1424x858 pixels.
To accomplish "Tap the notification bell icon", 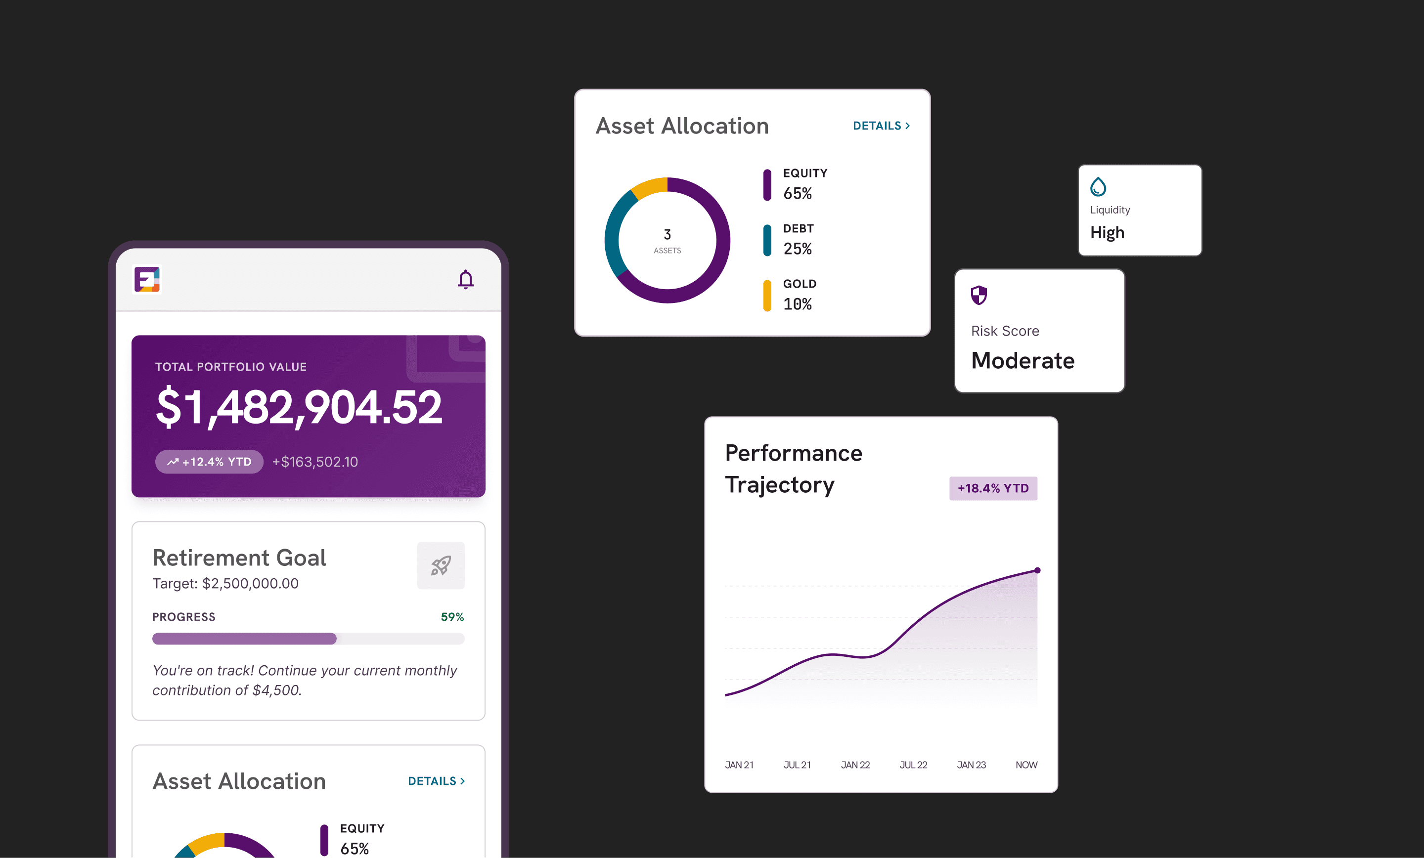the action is coord(465,280).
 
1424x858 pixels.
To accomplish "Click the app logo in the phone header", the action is coord(147,280).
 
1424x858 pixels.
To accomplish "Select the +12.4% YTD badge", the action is coord(209,462).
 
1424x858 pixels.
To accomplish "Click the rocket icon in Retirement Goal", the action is coord(441,565).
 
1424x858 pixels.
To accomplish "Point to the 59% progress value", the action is coord(452,617).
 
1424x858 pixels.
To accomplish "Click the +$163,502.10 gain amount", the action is coord(315,462).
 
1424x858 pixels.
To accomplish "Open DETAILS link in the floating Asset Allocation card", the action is coord(881,126).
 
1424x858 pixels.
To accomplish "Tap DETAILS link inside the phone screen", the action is coord(436,781).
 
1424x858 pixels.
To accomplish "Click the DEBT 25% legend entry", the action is coord(790,240).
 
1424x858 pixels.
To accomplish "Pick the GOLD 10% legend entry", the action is coord(790,295).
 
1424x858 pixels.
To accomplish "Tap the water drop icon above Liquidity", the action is coord(1098,187).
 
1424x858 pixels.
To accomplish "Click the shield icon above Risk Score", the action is coord(979,295).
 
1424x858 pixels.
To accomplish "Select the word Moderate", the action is coord(1023,360).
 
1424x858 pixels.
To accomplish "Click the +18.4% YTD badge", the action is coord(993,488).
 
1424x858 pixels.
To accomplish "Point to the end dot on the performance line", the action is coord(1037,570).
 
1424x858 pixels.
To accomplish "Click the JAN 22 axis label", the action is coord(855,765).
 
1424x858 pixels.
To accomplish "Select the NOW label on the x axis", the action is coord(1026,765).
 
